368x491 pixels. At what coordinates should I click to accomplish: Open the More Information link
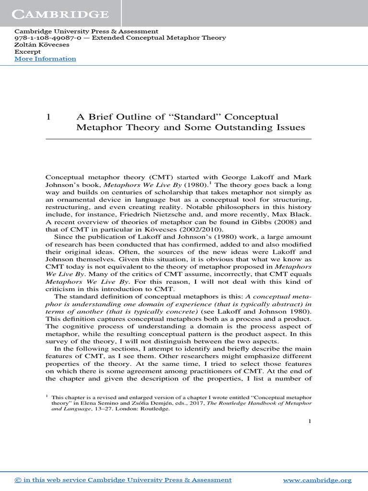[45, 59]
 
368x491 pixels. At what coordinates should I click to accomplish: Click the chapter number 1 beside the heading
[48, 117]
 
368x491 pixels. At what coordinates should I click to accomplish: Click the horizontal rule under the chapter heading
[178, 139]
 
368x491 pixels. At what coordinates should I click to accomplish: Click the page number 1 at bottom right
[310, 421]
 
